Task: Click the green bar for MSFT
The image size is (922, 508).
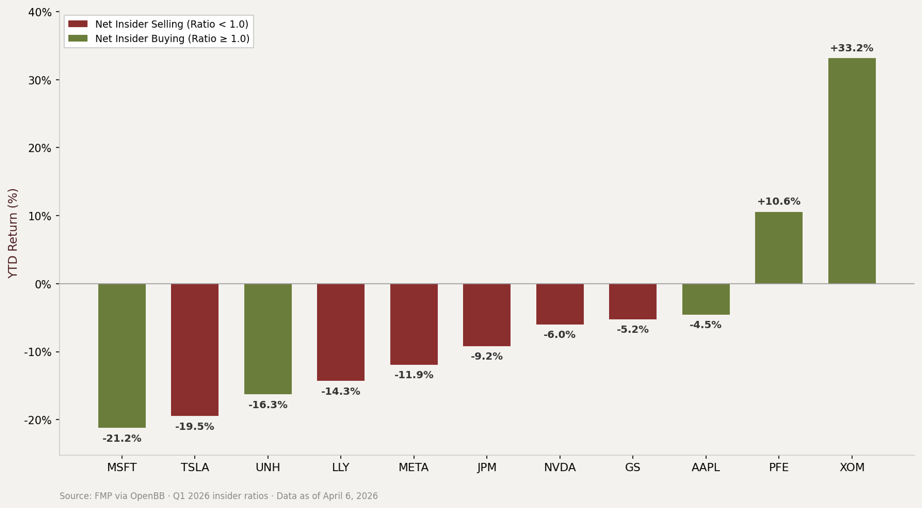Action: [x=122, y=355]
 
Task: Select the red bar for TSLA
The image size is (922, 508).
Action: [x=195, y=350]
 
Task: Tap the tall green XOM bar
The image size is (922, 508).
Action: [x=852, y=171]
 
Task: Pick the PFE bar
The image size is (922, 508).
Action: [x=779, y=248]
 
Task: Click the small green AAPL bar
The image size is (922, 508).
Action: [x=706, y=299]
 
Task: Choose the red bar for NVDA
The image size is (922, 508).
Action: [x=560, y=304]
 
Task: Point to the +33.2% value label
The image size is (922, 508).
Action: [x=851, y=48]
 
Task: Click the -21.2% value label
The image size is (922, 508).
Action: [x=122, y=439]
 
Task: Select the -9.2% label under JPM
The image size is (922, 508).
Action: [x=487, y=357]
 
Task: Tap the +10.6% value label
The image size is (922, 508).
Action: [x=779, y=202]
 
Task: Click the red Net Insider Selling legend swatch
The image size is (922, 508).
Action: [x=78, y=24]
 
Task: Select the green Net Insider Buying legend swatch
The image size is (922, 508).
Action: [x=78, y=38]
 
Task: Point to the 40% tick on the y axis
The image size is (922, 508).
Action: [x=39, y=12]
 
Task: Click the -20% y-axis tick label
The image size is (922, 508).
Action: [x=37, y=420]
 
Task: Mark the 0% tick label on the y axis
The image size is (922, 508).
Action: [x=43, y=285]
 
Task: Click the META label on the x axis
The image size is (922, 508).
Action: [x=413, y=468]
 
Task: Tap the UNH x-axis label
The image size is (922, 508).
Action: [x=268, y=468]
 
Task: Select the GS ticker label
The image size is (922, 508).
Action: [x=633, y=468]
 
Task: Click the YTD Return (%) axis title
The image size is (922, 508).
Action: [x=13, y=233]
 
